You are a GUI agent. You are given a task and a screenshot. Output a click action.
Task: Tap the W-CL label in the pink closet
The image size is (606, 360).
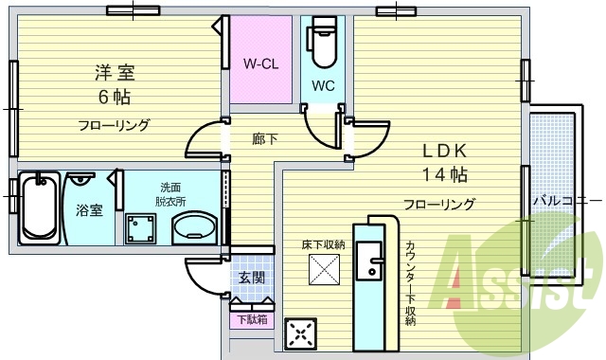tap(258, 65)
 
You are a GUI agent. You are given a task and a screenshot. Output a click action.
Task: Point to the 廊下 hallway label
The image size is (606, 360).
tap(264, 139)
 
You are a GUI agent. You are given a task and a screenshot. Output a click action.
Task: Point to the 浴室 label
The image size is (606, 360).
tap(89, 210)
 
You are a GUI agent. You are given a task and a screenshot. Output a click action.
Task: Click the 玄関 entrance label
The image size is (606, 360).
tap(251, 278)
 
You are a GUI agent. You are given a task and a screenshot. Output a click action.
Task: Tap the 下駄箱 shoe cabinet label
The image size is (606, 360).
tap(251, 319)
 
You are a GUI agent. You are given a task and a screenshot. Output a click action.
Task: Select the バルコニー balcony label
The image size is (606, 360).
tap(566, 201)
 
